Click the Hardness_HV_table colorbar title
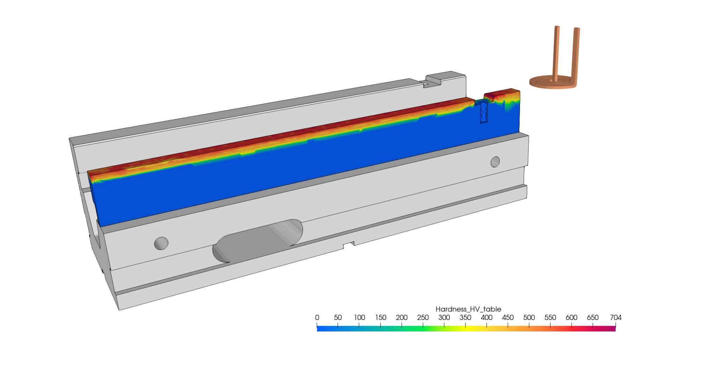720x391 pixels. tap(468, 309)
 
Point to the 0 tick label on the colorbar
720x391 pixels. tap(317, 318)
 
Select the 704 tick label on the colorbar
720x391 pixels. tap(615, 318)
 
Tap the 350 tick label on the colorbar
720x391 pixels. tap(465, 318)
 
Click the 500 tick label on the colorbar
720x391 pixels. tap(529, 318)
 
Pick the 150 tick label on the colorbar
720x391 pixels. tap(380, 318)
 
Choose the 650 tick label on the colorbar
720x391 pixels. tap(592, 318)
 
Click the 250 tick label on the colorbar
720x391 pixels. tap(423, 318)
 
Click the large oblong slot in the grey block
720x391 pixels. tap(258, 241)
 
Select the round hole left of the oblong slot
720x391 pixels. tap(161, 243)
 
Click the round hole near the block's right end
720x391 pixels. tap(495, 162)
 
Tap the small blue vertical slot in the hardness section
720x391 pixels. tap(484, 113)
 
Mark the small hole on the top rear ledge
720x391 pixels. tap(425, 84)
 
